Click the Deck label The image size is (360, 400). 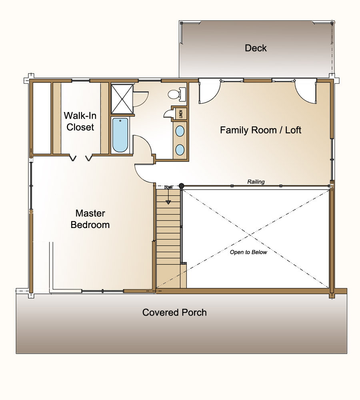coord(256,48)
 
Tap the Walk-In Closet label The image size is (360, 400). coord(80,121)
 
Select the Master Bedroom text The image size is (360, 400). coord(90,219)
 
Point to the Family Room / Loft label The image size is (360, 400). coord(260,130)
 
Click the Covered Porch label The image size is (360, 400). coord(174,312)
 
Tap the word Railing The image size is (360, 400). coord(256,182)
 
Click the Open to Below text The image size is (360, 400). coord(248,252)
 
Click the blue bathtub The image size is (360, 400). coord(120,135)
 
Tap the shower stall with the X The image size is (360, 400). coord(122,99)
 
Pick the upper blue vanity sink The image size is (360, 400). coord(180,131)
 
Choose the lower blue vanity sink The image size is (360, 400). coord(180,150)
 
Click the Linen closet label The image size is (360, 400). coord(181,114)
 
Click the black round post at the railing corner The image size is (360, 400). coord(182,186)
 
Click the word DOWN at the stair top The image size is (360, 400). coord(168,188)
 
